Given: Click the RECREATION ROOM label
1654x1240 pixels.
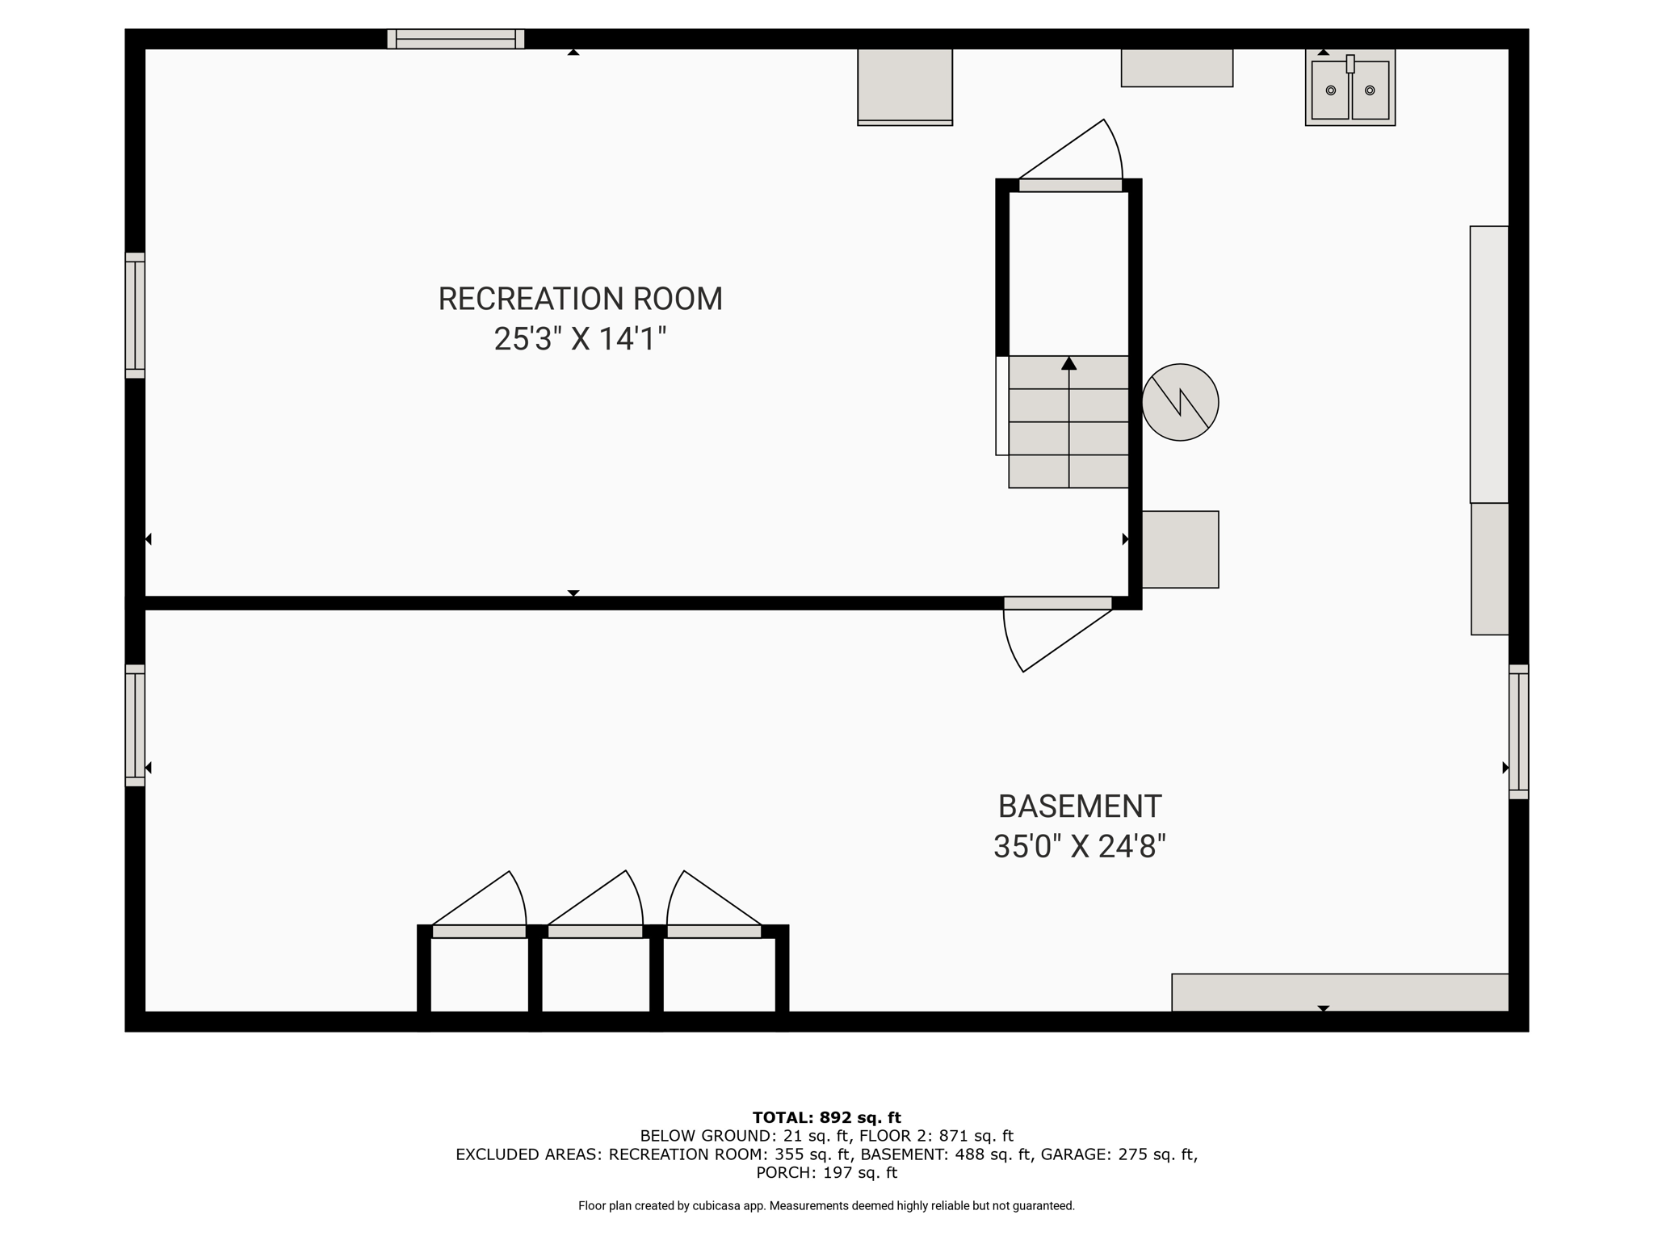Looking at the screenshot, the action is (x=580, y=299).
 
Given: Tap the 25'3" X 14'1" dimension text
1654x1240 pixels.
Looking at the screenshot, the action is (x=580, y=339).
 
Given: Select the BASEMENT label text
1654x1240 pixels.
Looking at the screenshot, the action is (x=1080, y=806).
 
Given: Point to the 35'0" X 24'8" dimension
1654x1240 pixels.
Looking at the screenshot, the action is (x=1080, y=847).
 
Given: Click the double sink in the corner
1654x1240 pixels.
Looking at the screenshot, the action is (x=1350, y=88).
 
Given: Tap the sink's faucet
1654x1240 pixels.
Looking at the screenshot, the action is (x=1350, y=64).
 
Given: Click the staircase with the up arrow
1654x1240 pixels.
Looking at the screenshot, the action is (x=1068, y=421).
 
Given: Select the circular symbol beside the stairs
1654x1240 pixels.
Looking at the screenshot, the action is (x=1180, y=402).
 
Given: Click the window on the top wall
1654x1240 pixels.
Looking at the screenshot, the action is (x=455, y=39).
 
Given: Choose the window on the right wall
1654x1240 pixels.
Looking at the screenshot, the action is (x=1519, y=731).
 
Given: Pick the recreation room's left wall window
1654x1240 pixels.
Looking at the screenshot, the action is (x=135, y=315).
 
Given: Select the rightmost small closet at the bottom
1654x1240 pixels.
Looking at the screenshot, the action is (x=720, y=974).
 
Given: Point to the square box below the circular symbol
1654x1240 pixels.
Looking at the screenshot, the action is (x=1180, y=549).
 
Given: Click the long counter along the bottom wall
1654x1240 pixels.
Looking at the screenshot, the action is (x=1340, y=992).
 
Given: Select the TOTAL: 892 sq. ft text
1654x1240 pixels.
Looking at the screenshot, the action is (x=826, y=1118).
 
